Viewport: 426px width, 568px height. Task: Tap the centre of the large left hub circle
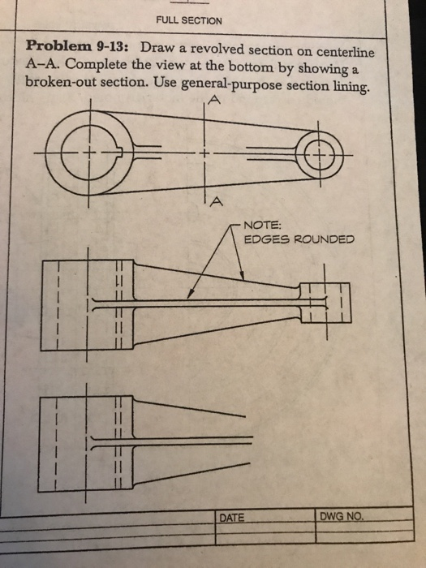[x=92, y=153]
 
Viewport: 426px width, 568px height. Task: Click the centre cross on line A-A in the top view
[x=206, y=153]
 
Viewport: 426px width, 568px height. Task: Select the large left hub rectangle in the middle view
[x=86, y=303]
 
